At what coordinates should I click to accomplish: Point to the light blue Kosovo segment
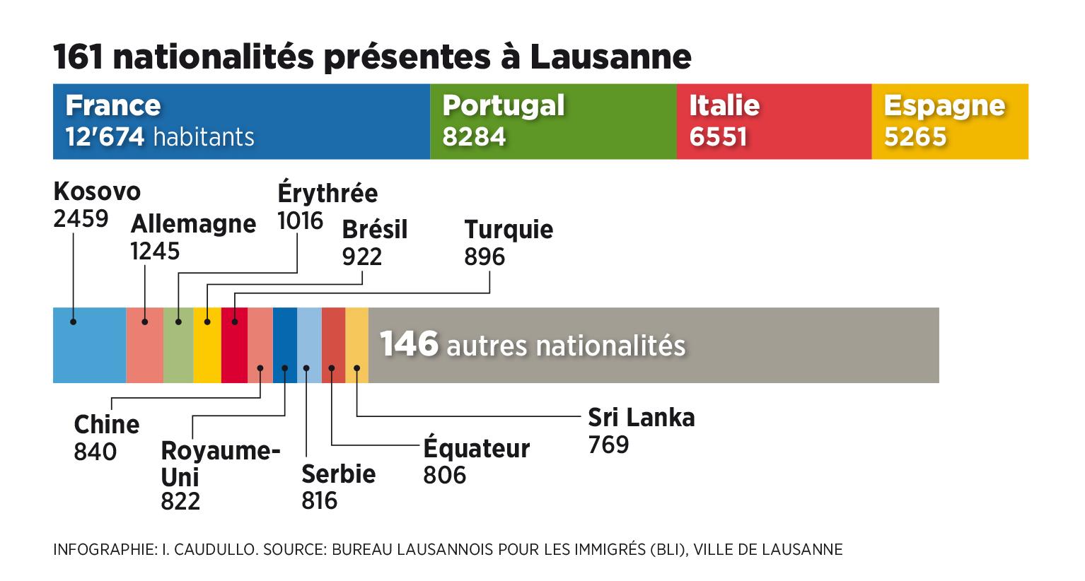click(x=90, y=346)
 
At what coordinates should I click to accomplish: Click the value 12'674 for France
click(x=105, y=136)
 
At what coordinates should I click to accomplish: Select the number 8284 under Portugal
click(x=474, y=136)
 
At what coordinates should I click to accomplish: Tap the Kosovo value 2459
click(x=81, y=218)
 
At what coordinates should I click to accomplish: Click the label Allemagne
click(x=193, y=224)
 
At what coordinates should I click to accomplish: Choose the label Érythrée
click(x=327, y=193)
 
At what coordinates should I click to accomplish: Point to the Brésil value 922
click(x=361, y=257)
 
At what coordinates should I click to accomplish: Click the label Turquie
click(x=509, y=230)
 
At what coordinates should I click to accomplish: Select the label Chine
click(x=107, y=425)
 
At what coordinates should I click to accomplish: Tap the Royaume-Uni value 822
click(x=180, y=501)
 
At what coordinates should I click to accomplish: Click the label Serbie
click(x=338, y=474)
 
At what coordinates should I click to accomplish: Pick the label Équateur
click(x=476, y=449)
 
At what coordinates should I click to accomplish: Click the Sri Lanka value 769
click(x=608, y=445)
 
